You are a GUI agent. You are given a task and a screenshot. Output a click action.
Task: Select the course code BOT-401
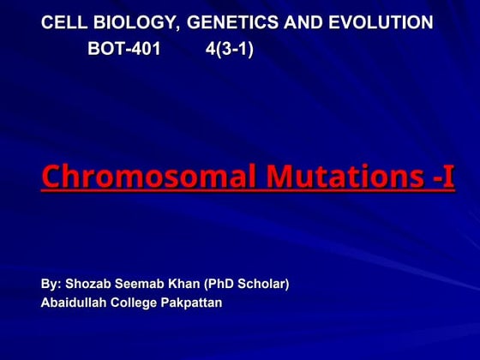coord(123,49)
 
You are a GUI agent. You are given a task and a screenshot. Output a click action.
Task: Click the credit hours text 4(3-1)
coord(230,49)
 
